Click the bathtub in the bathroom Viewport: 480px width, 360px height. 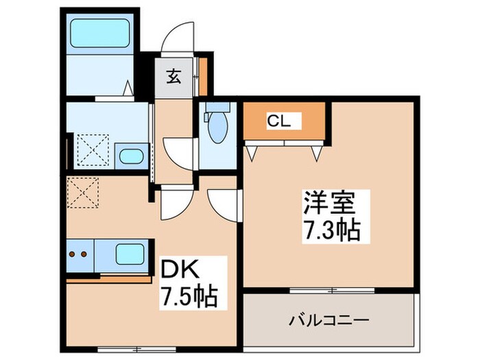tap(100, 33)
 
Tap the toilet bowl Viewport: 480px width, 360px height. tap(217, 128)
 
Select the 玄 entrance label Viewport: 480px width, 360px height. tap(173, 77)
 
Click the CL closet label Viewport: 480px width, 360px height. tap(278, 121)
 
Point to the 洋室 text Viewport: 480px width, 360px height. tap(329, 203)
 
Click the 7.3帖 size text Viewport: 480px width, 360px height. tap(331, 230)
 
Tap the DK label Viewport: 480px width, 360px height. tap(180, 269)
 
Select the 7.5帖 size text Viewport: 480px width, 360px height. tap(189, 296)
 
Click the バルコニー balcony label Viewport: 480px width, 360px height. tap(329, 320)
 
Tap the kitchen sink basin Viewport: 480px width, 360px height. tap(130, 254)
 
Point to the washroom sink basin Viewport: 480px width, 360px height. tap(132, 157)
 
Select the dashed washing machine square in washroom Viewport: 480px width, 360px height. tap(93, 149)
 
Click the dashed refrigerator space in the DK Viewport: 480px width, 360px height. tap(83, 193)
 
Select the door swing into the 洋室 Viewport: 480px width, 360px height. tap(224, 204)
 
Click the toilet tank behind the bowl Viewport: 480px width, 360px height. tap(217, 107)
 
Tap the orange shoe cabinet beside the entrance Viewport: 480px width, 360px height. tap(203, 76)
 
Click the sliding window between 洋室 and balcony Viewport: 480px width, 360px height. tap(332, 290)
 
